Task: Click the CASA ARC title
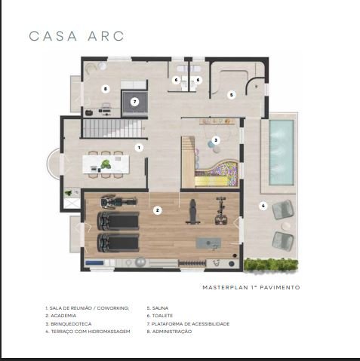[x=76, y=36]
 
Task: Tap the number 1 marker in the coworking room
[x=139, y=148]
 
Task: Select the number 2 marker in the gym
[x=158, y=210]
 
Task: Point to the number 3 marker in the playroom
[x=216, y=140]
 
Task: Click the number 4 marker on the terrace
[x=263, y=206]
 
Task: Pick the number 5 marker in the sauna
[x=232, y=95]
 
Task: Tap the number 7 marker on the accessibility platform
[x=135, y=102]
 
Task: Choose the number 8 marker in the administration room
[x=106, y=89]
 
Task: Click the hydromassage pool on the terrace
[x=282, y=152]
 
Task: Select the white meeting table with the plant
[x=106, y=164]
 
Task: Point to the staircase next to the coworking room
[x=112, y=128]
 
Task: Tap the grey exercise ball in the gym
[x=140, y=262]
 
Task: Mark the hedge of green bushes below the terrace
[x=271, y=265]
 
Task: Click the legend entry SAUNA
[x=158, y=308]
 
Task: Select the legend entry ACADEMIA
[x=60, y=316]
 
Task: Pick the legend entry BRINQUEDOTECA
[x=69, y=324]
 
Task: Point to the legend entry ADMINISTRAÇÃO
[x=169, y=332]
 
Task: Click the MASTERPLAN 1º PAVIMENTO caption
[x=251, y=287]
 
